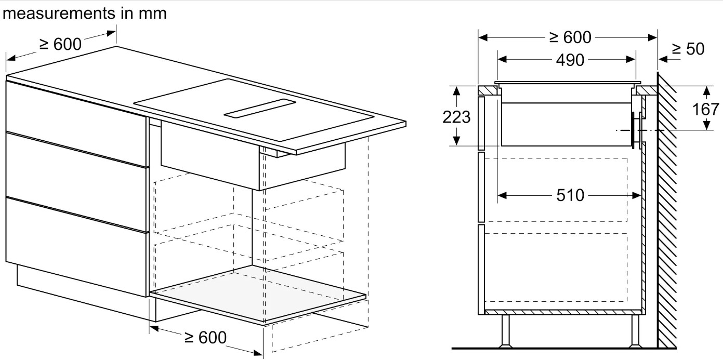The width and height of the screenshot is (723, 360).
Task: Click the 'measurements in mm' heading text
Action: [85, 14]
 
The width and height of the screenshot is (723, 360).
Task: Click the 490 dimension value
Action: [570, 60]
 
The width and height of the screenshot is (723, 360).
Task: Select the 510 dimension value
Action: [570, 195]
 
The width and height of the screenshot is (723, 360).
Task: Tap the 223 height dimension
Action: [456, 117]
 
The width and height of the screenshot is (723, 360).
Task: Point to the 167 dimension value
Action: [705, 109]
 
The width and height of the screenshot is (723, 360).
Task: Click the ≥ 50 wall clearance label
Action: [688, 49]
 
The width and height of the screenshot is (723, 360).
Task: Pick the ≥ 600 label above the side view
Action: [570, 37]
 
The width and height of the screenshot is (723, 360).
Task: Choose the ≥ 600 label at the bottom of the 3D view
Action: [205, 338]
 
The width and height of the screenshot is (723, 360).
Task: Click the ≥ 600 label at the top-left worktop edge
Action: [60, 44]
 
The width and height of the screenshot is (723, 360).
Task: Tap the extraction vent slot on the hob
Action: [260, 108]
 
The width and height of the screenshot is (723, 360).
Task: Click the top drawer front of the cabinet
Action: [76, 123]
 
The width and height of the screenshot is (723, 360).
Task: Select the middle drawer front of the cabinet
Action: [76, 182]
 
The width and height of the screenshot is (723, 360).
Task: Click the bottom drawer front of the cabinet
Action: [76, 247]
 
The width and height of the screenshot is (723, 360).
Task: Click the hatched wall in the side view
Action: [667, 210]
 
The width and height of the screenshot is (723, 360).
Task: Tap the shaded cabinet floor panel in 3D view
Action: [258, 294]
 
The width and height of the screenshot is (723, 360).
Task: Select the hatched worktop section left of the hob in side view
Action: [488, 90]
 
